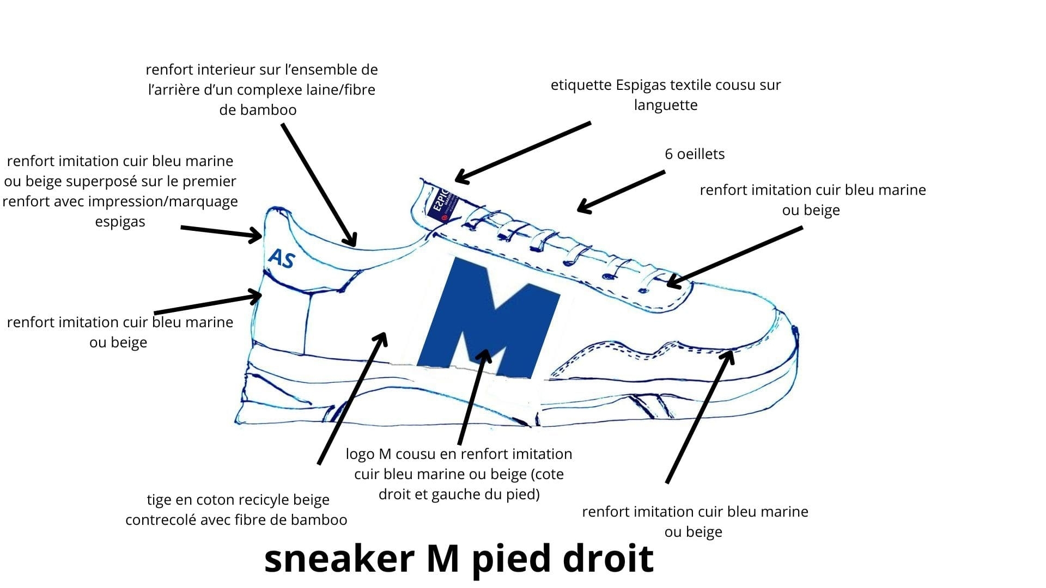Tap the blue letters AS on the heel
coord(282,259)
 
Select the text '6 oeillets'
coord(695,154)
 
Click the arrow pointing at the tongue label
coord(523,152)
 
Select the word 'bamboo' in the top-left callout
coord(258,110)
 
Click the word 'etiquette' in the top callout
coord(581,85)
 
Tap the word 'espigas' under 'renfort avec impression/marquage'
coord(120,222)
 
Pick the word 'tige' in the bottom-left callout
coord(159,500)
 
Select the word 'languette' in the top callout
coord(666,105)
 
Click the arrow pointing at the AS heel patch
coord(221,232)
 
